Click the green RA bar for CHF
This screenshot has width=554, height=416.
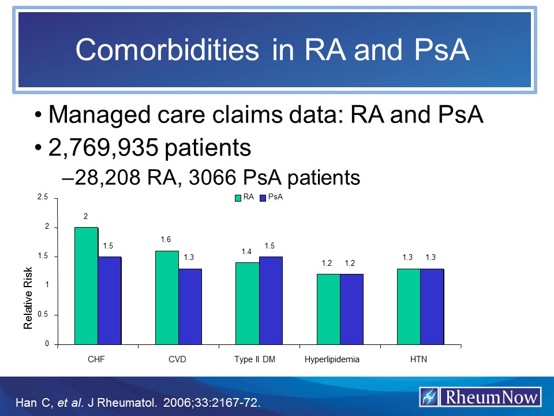(x=86, y=285)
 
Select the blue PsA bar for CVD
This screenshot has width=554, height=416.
(x=190, y=306)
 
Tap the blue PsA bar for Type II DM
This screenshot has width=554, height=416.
(x=271, y=300)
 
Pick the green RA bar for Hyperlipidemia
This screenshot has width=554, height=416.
(x=328, y=309)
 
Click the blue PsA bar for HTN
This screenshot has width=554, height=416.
(x=432, y=306)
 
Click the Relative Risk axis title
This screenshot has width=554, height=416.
(x=29, y=299)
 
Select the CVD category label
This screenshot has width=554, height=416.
(x=177, y=359)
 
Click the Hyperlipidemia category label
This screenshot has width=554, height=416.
(x=332, y=359)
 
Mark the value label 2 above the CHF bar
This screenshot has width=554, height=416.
(x=85, y=216)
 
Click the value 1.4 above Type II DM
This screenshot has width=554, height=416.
(x=247, y=252)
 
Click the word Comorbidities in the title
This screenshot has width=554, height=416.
(x=167, y=51)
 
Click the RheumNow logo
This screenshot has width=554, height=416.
(x=480, y=397)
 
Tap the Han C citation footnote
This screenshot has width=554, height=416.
(x=136, y=402)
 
